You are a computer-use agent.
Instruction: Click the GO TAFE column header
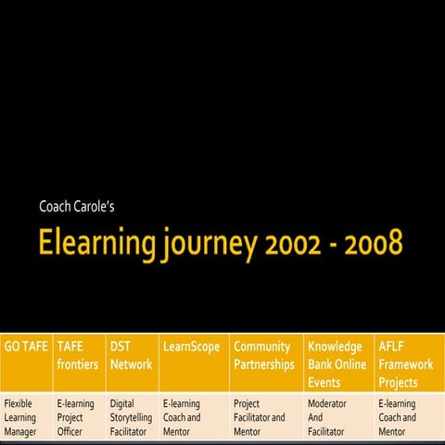26,347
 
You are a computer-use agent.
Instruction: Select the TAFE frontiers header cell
77,356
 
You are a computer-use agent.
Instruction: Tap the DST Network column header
131,356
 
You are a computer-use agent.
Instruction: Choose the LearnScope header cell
191,347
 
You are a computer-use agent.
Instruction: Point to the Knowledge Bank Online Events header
337,364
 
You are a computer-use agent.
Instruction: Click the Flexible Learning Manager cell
25,418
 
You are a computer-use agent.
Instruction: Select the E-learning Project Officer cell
77,418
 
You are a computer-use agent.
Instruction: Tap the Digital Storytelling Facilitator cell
131,418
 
